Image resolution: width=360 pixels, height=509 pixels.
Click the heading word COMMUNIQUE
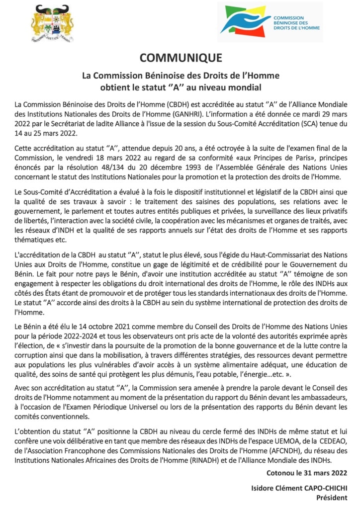click(180, 58)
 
